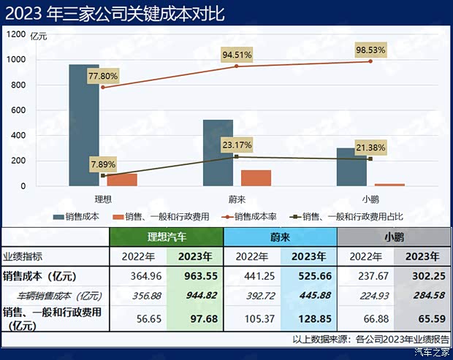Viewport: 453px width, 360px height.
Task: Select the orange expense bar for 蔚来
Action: click(256, 178)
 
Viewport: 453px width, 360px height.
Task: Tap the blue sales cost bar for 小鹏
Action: click(351, 166)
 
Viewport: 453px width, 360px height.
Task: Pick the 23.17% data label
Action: click(237, 144)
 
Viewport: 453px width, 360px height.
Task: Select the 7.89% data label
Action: click(102, 164)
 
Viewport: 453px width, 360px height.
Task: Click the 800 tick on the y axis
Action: click(19, 85)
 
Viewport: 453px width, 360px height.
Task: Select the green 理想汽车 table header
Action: click(166, 237)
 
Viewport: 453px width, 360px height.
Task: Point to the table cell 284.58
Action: click(422, 296)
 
